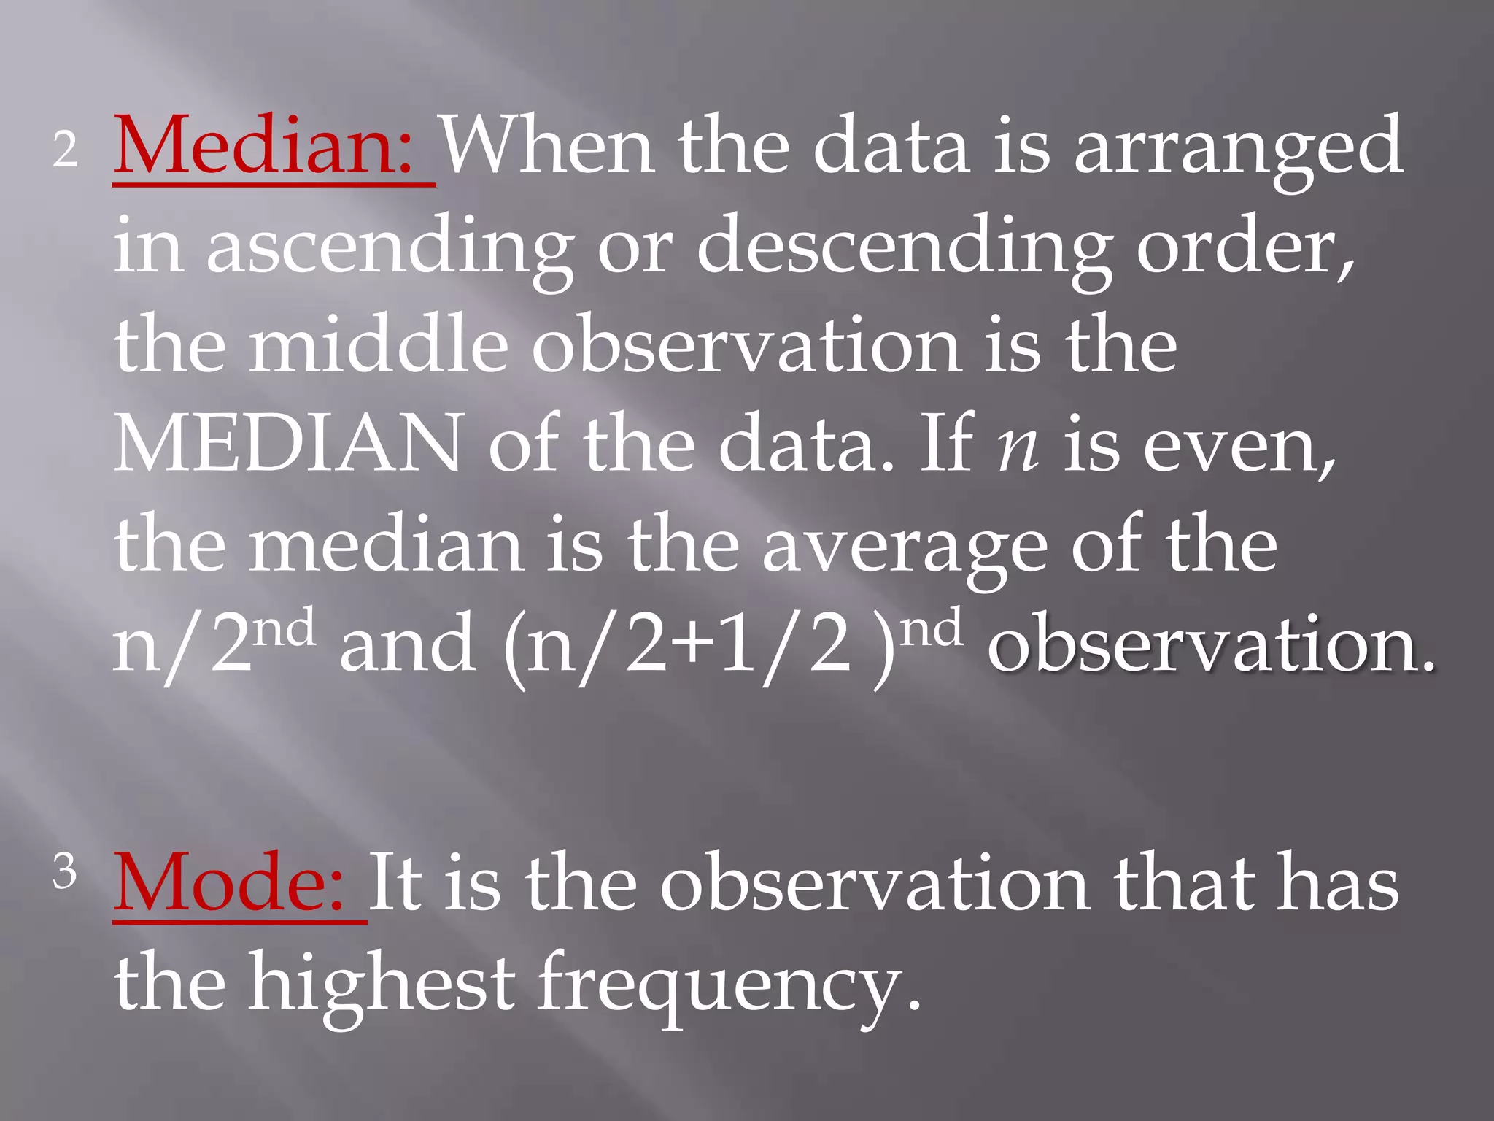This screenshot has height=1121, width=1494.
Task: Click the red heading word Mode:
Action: click(229, 883)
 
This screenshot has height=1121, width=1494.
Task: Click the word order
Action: click(1244, 248)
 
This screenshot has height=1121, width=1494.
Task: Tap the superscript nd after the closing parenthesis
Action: click(931, 629)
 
